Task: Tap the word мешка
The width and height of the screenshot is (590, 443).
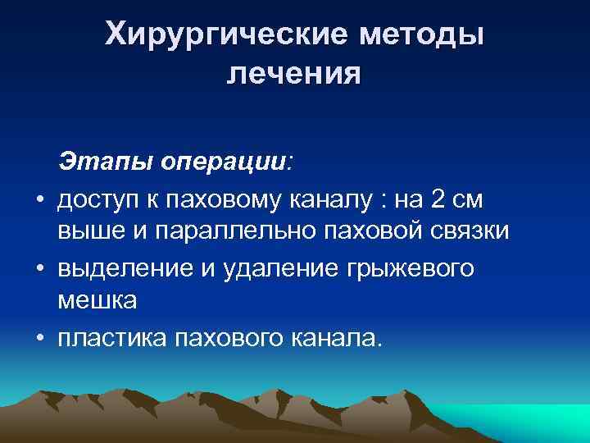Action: click(97, 302)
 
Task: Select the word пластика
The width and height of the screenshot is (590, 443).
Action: click(111, 337)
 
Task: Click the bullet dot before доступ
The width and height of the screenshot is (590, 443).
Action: click(39, 199)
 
